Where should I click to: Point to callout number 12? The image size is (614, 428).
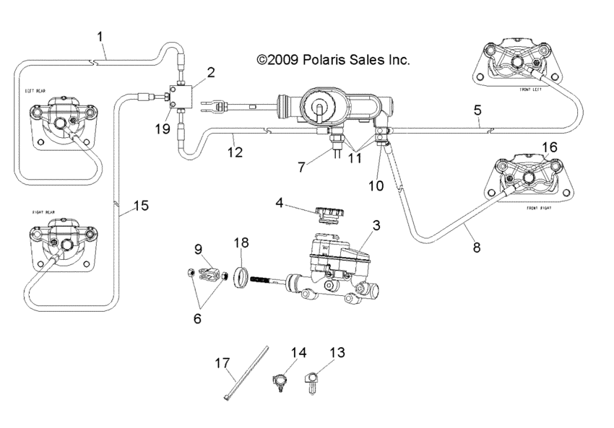233,152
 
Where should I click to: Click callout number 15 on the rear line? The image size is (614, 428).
141,206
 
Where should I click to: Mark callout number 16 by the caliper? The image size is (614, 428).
549,147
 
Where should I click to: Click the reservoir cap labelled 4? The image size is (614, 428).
329,214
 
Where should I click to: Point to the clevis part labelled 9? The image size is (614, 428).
206,275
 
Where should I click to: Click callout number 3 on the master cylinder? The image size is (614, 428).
376,225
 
